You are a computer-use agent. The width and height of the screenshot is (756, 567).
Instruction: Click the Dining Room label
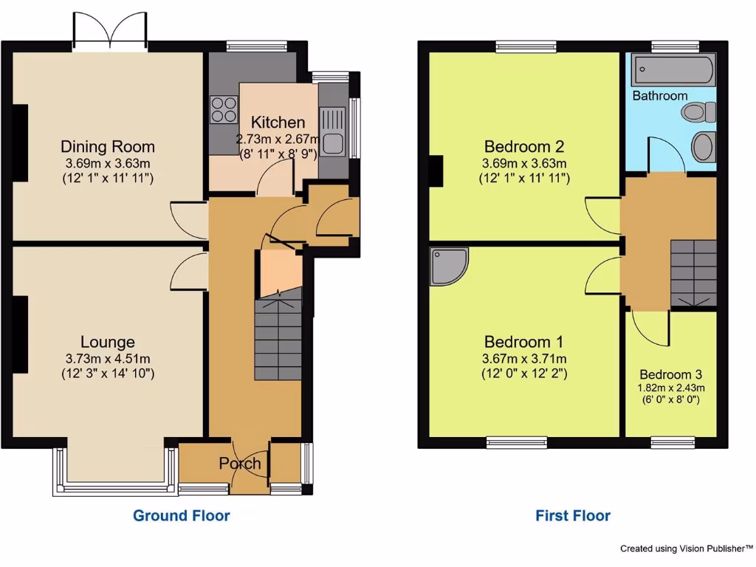coord(108,146)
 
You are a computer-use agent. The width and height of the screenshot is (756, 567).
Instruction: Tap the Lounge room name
coord(108,342)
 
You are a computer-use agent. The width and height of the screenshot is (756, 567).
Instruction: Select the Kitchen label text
coord(278,123)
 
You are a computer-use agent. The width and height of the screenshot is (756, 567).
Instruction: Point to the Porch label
coord(240,464)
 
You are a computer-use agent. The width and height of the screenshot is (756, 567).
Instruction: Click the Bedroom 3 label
coord(671,374)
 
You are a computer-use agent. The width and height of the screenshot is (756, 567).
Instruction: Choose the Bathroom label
coord(659,96)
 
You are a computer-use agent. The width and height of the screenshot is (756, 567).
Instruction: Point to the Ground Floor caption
coord(181,515)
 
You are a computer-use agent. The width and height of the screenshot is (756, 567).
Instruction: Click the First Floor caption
coord(573,515)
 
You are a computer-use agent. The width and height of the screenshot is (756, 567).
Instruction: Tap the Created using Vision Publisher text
coord(686,549)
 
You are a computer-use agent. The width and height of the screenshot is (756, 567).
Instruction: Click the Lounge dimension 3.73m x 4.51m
coord(108,359)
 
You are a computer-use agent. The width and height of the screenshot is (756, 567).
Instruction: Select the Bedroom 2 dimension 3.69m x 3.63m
coord(524,163)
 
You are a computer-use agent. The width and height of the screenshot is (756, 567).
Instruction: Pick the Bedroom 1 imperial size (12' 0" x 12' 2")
coord(524,374)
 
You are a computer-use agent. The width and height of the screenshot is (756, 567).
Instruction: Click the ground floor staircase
coord(278,340)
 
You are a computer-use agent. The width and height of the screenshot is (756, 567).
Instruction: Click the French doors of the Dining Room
coord(111,33)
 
